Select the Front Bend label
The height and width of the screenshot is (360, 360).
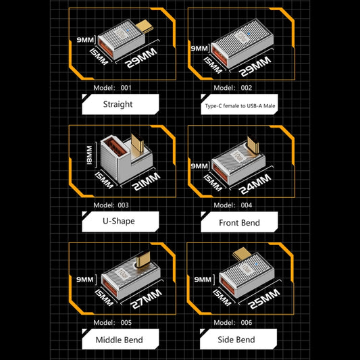point(239,222)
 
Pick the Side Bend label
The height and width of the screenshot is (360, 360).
point(239,339)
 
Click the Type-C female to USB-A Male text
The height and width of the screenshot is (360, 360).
point(239,105)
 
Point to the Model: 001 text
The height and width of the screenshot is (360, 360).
point(117,88)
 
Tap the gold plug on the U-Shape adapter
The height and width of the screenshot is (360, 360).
point(139,144)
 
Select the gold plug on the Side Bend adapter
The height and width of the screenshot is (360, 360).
point(242,255)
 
